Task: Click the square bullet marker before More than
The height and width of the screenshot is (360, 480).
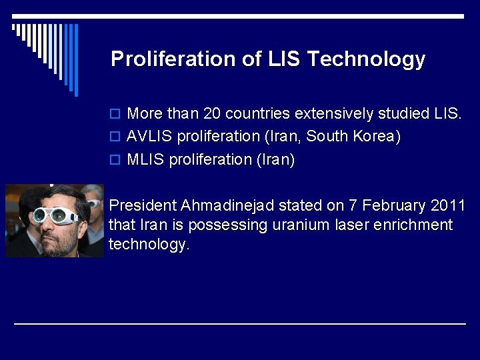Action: coord(115,114)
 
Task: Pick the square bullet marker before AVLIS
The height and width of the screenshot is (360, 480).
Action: coord(115,137)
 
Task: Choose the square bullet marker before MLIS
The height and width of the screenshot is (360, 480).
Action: coord(115,161)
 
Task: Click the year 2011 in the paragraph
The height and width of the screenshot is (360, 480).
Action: coord(449,205)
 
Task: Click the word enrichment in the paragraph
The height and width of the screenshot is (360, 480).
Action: coord(413,225)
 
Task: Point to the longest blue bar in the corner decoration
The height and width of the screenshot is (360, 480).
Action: coord(76,60)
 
